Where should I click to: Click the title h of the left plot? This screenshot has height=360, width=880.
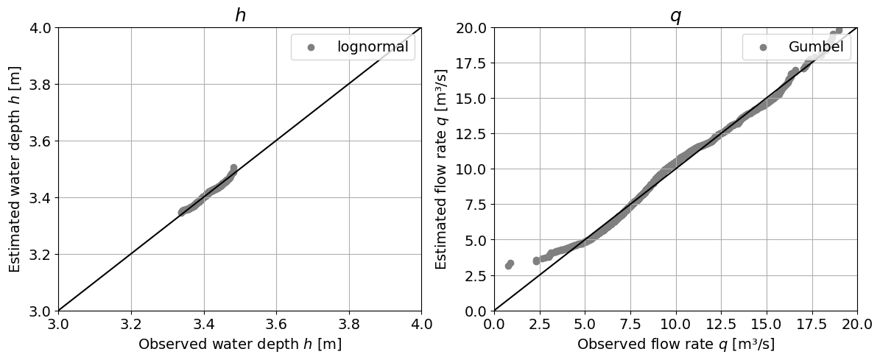240,15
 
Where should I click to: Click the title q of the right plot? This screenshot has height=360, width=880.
675,15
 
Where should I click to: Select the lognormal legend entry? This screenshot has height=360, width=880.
372,47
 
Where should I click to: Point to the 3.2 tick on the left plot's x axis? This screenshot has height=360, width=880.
131,324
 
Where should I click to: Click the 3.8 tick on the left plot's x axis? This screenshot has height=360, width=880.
349,324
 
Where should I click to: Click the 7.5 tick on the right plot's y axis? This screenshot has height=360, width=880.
476,205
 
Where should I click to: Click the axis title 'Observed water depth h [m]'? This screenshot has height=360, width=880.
240,344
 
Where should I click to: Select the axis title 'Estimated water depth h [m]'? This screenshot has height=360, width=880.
15,169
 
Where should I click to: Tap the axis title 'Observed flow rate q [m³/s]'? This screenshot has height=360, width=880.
675,344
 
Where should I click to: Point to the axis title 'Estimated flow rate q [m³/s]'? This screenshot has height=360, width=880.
442,169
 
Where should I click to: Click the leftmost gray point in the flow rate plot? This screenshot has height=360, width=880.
508,266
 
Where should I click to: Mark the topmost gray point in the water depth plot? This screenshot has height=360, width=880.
233,168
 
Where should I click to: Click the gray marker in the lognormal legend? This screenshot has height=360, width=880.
311,47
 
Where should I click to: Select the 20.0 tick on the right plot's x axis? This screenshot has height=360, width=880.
857,324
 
